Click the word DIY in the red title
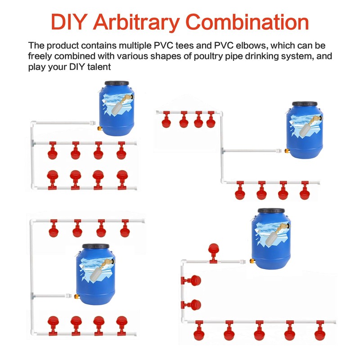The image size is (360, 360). point(68,22)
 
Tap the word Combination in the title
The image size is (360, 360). point(247,22)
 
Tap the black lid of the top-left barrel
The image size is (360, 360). point(117,83)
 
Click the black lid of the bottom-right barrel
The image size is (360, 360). point(271,211)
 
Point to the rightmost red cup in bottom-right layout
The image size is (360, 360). point(320,331)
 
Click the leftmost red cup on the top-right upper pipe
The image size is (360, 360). point(166,119)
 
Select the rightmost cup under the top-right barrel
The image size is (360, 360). point(305,190)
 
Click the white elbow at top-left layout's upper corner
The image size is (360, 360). point(33,123)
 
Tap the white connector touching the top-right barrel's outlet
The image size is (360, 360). point(279,151)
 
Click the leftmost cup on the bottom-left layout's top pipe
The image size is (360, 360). point(54,229)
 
